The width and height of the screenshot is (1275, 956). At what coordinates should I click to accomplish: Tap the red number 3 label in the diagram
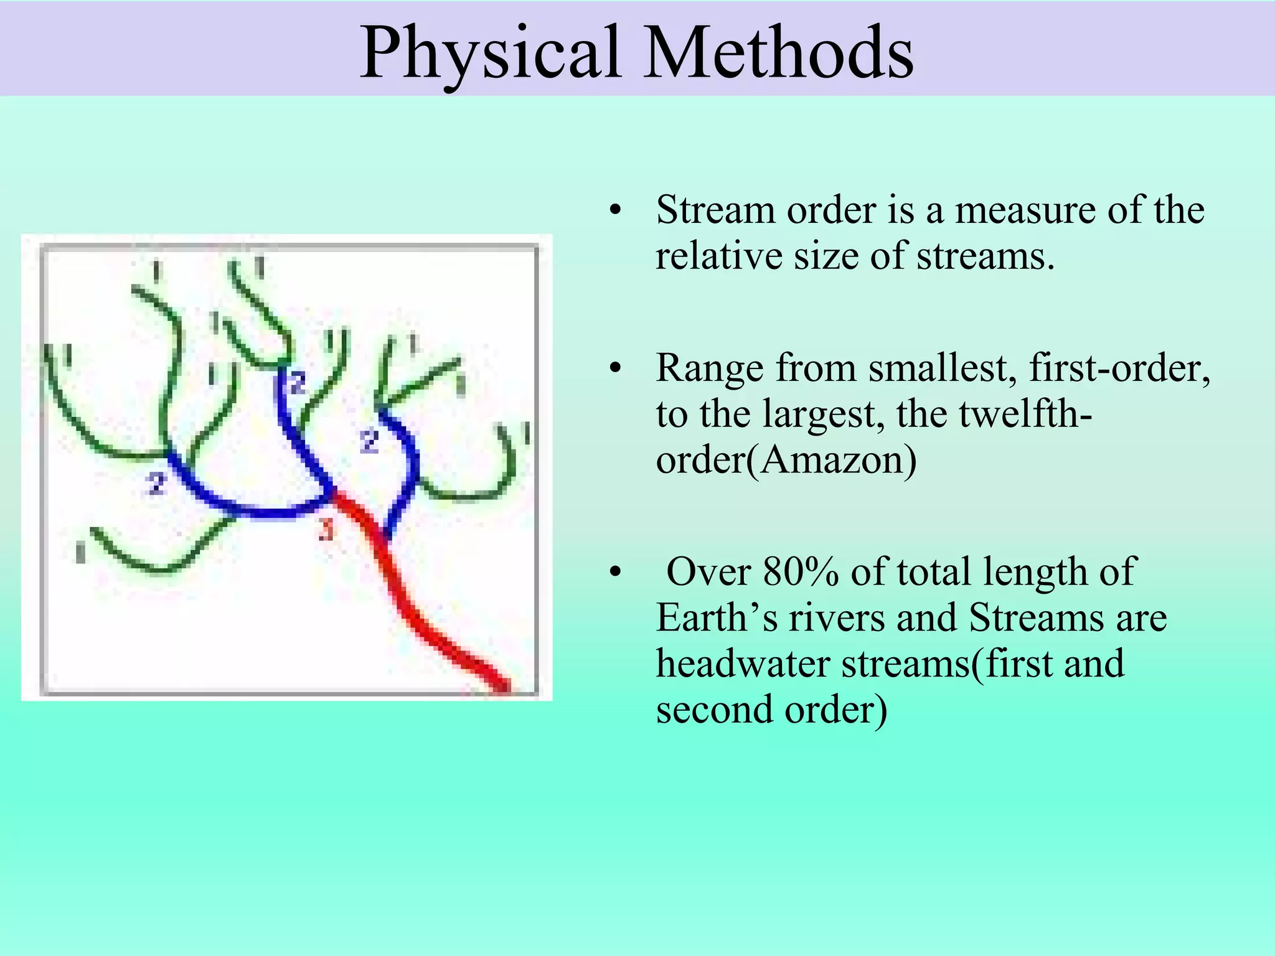326,530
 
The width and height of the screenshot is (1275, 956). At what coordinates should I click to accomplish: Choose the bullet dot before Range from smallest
616,369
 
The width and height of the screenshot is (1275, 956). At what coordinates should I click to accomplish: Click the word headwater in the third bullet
743,663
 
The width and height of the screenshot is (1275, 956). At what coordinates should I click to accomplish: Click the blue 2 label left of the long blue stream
156,483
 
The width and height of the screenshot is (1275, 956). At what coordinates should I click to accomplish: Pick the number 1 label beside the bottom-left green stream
80,552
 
